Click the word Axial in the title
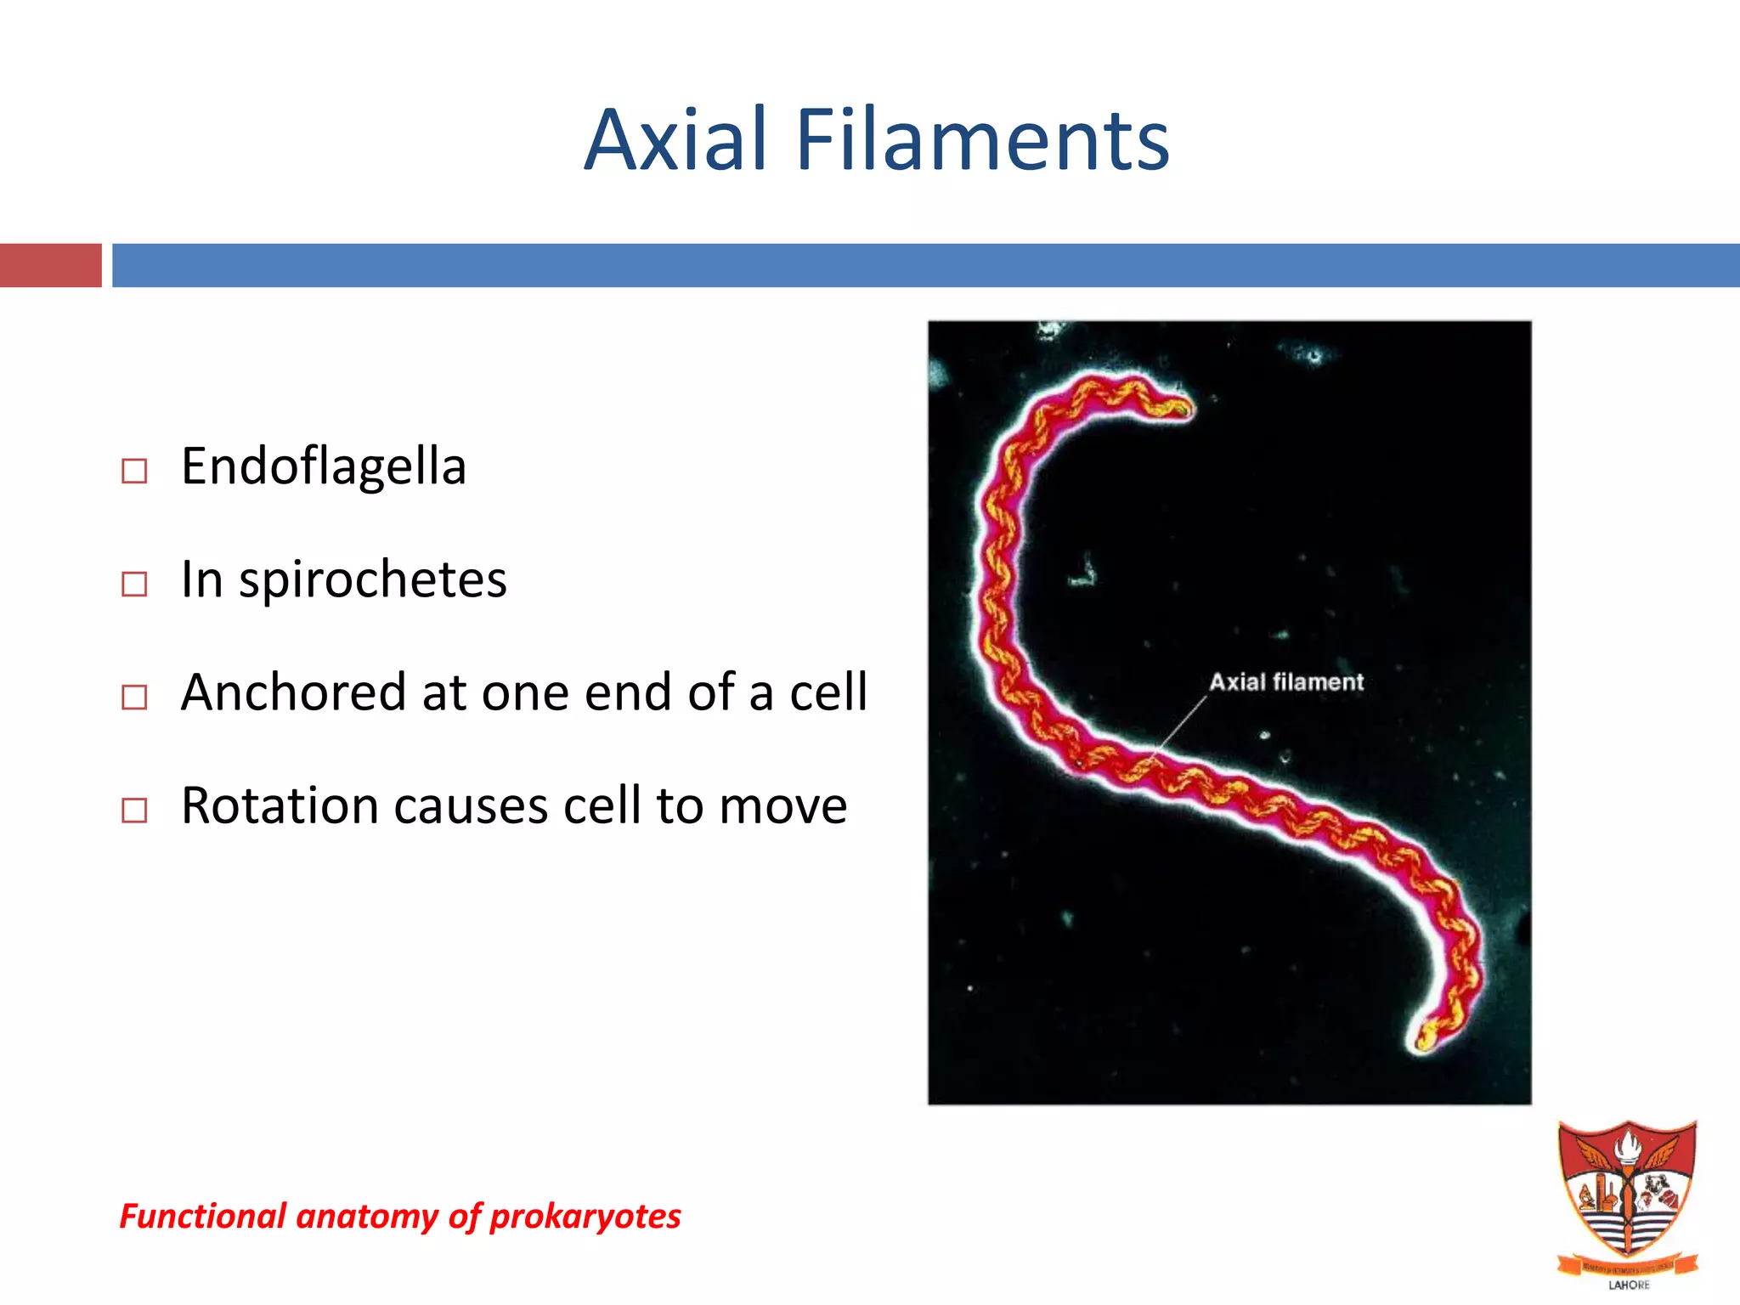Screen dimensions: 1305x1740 pos(675,140)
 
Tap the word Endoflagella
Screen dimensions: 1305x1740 pos(324,466)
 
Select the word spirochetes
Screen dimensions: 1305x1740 pos(373,580)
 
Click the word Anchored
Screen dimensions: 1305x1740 pos(294,692)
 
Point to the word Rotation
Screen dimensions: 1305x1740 pos(280,805)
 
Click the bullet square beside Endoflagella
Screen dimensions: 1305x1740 pos(134,471)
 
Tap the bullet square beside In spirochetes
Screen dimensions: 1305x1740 pos(134,584)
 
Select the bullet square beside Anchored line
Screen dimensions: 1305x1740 pos(134,697)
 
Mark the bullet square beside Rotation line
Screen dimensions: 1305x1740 pos(134,810)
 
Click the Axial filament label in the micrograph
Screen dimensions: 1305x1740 pos(1285,682)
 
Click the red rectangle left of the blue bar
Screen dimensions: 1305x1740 pos(50,265)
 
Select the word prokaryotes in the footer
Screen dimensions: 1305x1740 pos(585,1216)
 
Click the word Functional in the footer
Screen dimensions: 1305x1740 pos(203,1216)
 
